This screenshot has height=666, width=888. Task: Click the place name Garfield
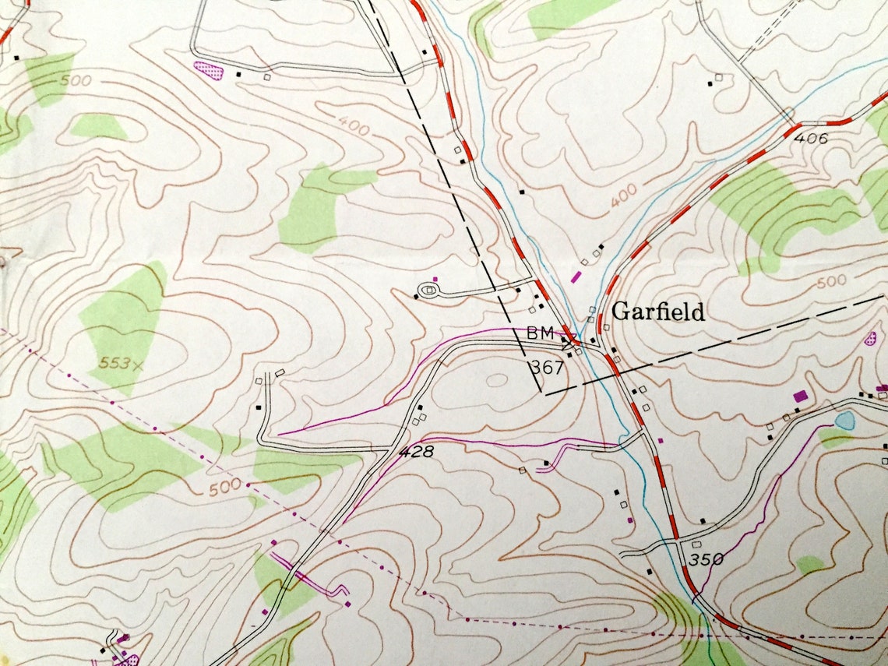[x=658, y=312]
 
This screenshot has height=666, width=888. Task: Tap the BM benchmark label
[x=540, y=333]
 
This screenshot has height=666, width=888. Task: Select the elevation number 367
[x=546, y=366]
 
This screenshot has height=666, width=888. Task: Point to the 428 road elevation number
[x=416, y=452]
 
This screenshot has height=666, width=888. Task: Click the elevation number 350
[x=706, y=559]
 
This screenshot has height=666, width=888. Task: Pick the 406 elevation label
[x=810, y=138]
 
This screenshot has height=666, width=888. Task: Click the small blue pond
[x=844, y=421]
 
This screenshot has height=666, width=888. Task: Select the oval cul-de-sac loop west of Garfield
[x=428, y=291]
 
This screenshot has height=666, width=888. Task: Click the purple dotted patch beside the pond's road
[x=870, y=339]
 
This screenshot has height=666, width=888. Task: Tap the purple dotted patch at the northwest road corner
[x=208, y=72]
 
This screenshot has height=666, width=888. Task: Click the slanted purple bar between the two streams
[x=576, y=275]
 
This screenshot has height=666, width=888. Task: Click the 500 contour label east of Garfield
[x=831, y=282]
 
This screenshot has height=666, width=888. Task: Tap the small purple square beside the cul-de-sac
[x=435, y=278]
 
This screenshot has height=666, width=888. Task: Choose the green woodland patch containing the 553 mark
[x=125, y=327]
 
